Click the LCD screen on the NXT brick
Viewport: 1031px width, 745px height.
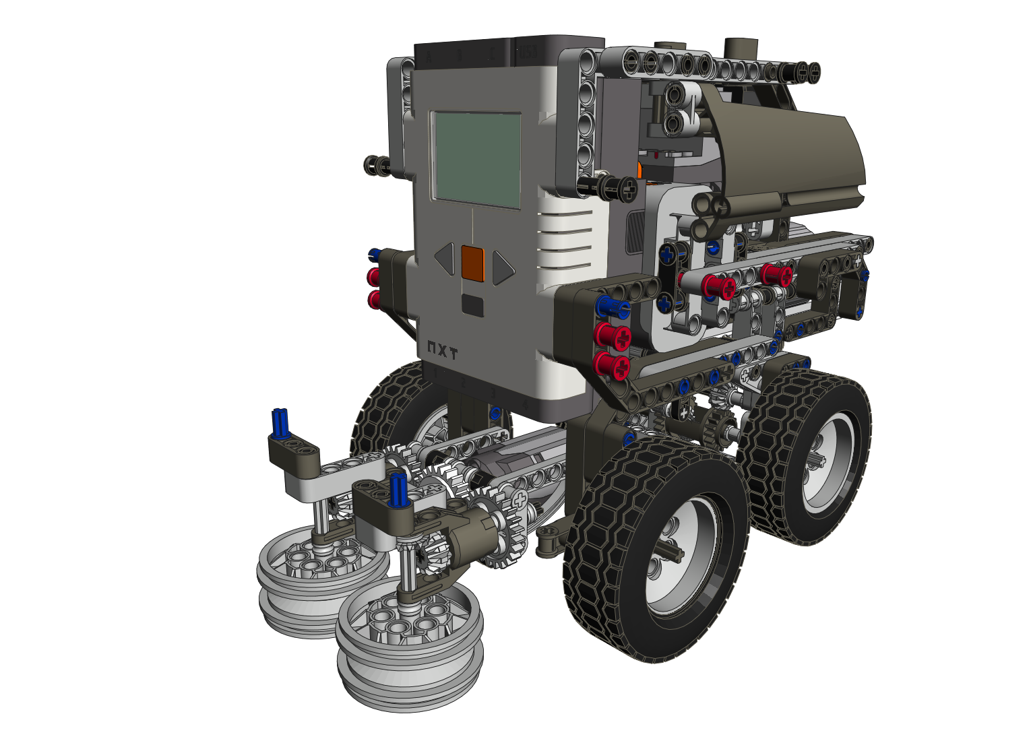pyautogui.click(x=476, y=159)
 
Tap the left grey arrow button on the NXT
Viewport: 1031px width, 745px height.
pyautogui.click(x=445, y=259)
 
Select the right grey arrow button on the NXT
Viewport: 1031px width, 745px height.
pyautogui.click(x=502, y=267)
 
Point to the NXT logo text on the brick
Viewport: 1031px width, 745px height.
pyautogui.click(x=442, y=351)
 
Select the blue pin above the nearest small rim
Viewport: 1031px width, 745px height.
pyautogui.click(x=399, y=488)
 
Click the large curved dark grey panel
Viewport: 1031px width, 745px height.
pyautogui.click(x=788, y=155)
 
